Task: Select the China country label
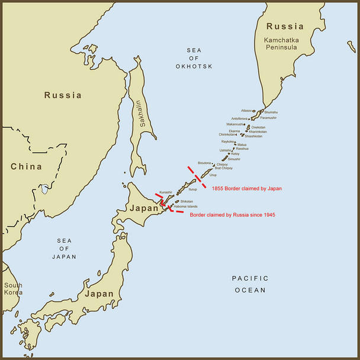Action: tap(25, 166)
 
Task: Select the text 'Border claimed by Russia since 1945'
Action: tap(233, 214)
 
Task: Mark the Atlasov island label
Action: tap(247, 111)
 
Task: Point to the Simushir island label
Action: tap(234, 159)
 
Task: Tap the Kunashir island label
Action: tap(166, 192)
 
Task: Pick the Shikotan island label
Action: tap(187, 201)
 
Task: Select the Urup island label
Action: tap(213, 175)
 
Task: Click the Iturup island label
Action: tap(192, 189)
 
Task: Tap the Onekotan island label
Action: tap(258, 127)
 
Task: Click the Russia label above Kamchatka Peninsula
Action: tap(285, 26)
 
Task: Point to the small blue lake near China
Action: tap(45, 190)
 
